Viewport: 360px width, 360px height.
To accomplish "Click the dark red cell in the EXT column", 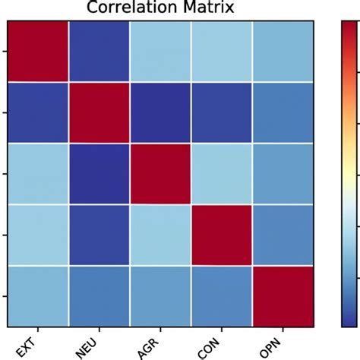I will (x=38, y=51).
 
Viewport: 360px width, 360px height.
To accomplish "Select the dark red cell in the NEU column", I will (x=99, y=112).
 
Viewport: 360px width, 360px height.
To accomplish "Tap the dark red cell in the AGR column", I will (x=160, y=173).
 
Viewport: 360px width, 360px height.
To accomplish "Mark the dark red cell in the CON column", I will (x=222, y=235).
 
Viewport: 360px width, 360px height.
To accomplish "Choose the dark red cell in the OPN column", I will (x=283, y=295).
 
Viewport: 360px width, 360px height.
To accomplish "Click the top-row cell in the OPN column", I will (x=283, y=51).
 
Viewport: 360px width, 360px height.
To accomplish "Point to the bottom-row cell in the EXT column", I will (x=38, y=295).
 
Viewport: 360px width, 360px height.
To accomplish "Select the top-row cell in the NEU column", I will (x=99, y=51).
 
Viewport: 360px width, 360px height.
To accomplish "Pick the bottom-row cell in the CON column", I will (x=222, y=295).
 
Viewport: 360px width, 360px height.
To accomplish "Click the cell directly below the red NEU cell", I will (x=99, y=173).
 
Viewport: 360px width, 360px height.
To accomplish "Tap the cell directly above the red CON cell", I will (x=222, y=173).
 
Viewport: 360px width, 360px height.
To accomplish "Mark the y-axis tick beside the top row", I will (x=5, y=51).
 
